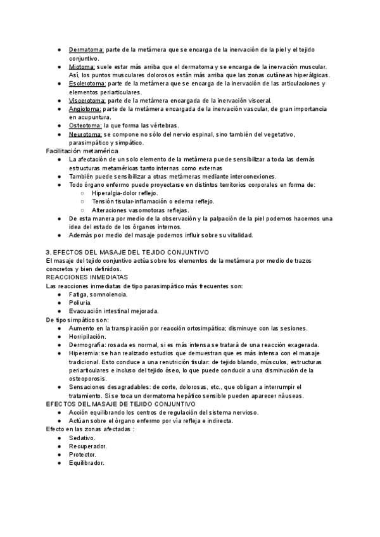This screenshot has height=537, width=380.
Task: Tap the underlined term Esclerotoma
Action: (x=86, y=84)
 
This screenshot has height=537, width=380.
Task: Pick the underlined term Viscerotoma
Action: (x=87, y=101)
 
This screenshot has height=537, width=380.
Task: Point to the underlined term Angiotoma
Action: (x=84, y=109)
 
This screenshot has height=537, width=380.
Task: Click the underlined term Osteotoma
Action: (x=84, y=126)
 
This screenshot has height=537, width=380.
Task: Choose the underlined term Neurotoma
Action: (x=85, y=134)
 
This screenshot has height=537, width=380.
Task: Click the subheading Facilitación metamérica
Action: (x=82, y=151)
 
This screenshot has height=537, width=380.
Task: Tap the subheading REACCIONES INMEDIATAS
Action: (x=87, y=277)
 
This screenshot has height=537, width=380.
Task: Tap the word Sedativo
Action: (x=82, y=438)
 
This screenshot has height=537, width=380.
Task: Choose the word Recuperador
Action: (x=87, y=446)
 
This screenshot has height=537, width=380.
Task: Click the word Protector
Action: (x=83, y=454)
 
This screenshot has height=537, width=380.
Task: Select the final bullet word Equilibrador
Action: (x=87, y=463)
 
